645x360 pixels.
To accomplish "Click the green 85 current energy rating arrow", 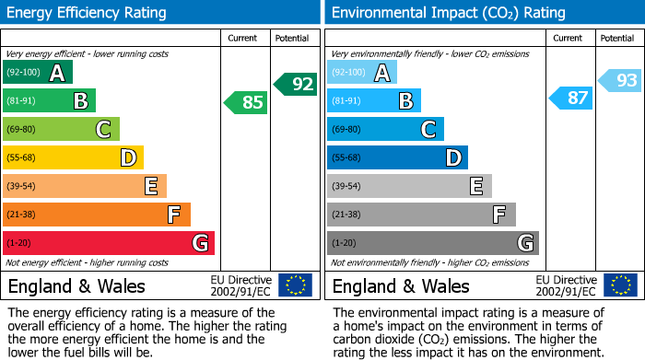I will (x=247, y=102).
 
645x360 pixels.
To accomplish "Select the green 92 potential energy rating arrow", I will (x=296, y=84).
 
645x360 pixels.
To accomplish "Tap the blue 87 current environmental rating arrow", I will (x=571, y=98).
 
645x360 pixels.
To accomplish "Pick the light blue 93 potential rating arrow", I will (x=620, y=80).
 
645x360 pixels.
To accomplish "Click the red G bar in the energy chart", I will (x=109, y=243).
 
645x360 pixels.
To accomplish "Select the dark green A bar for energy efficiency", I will (x=38, y=73).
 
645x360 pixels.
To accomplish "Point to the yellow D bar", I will (x=73, y=157).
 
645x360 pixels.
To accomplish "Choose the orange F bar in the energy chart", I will (x=97, y=215).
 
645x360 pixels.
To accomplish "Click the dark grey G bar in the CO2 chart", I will (x=432, y=243).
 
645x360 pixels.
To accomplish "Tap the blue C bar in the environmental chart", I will (x=385, y=129).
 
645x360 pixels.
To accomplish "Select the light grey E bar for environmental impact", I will (x=409, y=186).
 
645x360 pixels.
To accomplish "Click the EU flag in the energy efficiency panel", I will (x=295, y=285).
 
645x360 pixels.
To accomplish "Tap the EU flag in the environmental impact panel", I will (x=619, y=285).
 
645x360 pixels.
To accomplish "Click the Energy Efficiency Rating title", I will (x=88, y=13).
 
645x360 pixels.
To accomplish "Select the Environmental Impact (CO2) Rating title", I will (x=448, y=13).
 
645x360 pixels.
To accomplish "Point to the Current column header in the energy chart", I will (x=244, y=38).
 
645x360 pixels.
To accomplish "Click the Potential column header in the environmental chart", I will (x=616, y=38).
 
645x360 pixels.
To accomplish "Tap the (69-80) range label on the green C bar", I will (x=22, y=130).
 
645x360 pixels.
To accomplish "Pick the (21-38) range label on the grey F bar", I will (x=346, y=215).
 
